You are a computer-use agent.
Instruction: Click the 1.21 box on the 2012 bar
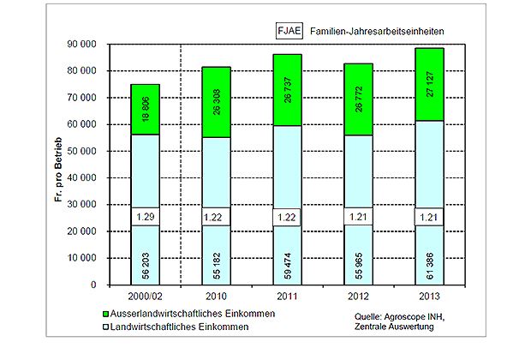pos(360,219)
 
